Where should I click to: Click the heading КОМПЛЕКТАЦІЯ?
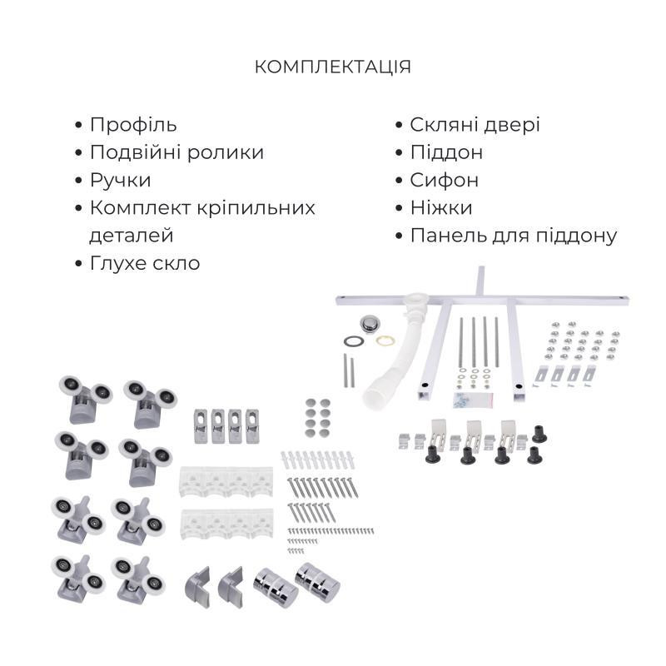[333, 67]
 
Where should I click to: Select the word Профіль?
[133, 125]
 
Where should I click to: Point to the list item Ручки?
[121, 180]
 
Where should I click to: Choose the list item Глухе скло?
[145, 262]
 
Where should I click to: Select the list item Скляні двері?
[475, 125]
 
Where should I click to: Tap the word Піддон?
[446, 152]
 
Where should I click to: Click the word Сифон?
[444, 180]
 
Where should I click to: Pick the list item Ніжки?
[441, 207]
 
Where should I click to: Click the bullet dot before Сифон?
[400, 181]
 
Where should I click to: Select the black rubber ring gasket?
[354, 341]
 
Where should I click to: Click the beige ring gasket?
[385, 340]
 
